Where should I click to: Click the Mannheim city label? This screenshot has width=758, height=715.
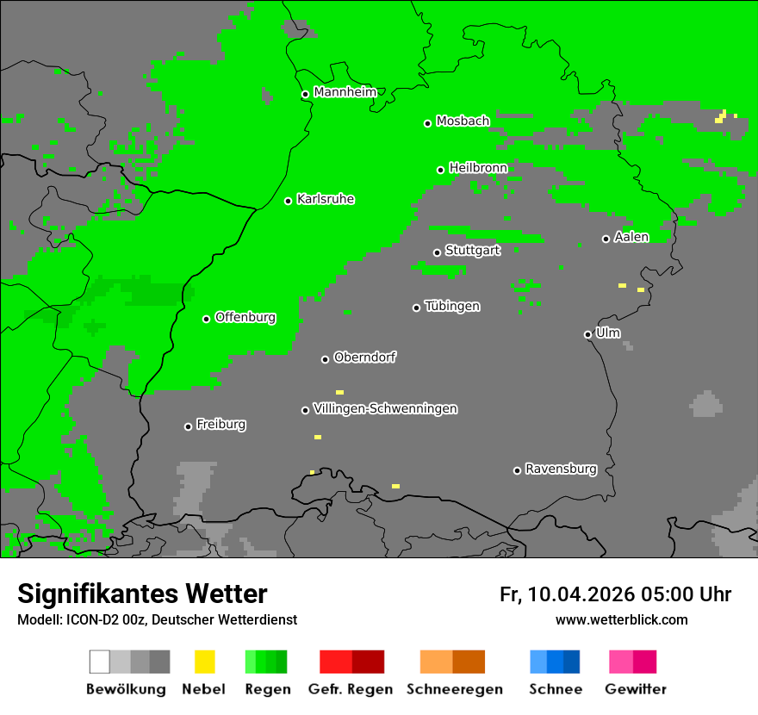click(x=345, y=92)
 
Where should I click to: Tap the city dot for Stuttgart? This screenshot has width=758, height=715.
click(x=438, y=252)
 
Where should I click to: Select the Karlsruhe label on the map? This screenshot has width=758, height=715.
click(x=326, y=199)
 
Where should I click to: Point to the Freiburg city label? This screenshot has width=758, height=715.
click(x=221, y=424)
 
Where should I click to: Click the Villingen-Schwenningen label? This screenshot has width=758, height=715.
click(x=385, y=408)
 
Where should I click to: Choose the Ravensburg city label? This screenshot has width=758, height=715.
click(x=561, y=469)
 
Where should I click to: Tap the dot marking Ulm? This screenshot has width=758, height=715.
click(x=587, y=334)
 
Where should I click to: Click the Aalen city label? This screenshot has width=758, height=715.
click(x=631, y=237)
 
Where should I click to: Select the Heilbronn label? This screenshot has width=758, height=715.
click(x=478, y=167)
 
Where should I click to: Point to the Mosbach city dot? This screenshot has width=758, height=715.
click(x=427, y=123)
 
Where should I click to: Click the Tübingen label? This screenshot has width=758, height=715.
click(x=452, y=306)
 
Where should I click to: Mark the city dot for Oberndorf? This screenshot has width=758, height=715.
click(x=325, y=359)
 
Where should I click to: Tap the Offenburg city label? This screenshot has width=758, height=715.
click(x=245, y=317)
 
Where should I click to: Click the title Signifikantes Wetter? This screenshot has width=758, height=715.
click(x=142, y=594)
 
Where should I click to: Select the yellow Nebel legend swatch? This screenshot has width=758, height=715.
click(x=204, y=662)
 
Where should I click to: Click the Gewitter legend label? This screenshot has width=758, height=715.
click(x=636, y=689)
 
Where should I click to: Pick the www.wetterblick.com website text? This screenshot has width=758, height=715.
click(x=621, y=619)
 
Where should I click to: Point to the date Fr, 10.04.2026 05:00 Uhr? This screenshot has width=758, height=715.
click(x=615, y=594)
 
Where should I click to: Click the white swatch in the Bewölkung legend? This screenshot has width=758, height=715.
click(x=100, y=662)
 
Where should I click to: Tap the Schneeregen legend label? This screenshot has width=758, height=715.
click(x=455, y=689)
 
